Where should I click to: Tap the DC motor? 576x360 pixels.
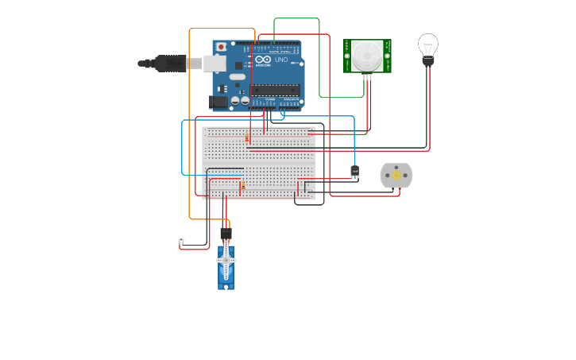396,176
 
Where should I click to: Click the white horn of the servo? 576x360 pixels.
226,260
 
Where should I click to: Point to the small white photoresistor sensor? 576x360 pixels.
181,240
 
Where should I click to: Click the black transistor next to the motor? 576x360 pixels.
354,171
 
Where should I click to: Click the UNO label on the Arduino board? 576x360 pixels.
280,60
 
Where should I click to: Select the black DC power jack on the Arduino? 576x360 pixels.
215,102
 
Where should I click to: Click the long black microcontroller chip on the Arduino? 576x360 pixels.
275,89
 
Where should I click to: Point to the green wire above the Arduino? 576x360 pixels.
296,18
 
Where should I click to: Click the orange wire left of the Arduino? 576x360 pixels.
189,119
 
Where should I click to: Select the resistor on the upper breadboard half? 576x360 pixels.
247,139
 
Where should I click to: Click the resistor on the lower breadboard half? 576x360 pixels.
242,188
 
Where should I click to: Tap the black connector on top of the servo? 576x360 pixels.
226,234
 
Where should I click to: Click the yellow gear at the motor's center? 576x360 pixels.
396,176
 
